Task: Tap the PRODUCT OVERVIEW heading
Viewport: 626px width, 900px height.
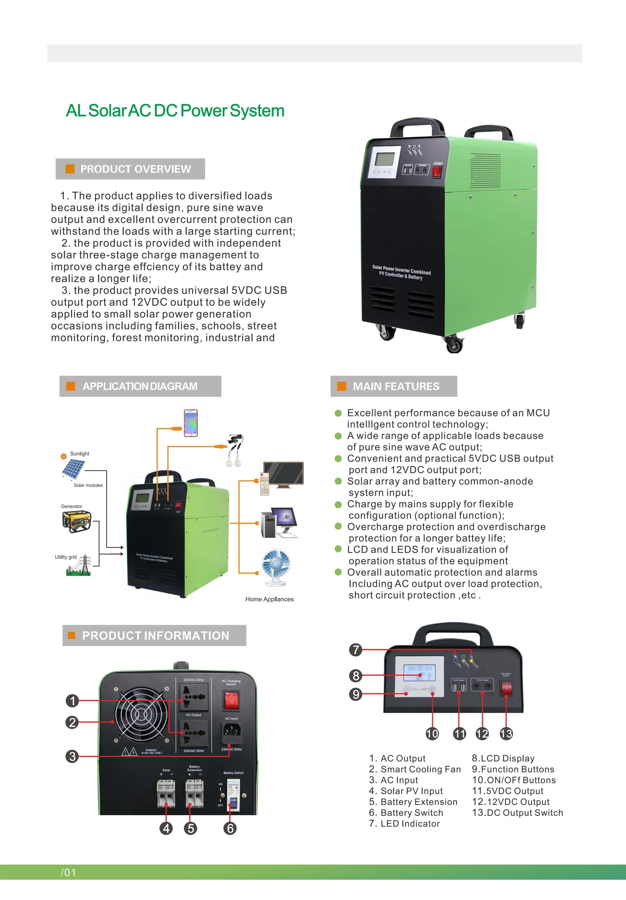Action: pyautogui.click(x=135, y=169)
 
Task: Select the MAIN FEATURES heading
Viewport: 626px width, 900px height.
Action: pyautogui.click(x=396, y=387)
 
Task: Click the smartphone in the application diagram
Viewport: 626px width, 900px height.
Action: pyautogui.click(x=191, y=423)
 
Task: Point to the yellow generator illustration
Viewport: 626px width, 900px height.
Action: pyautogui.click(x=77, y=521)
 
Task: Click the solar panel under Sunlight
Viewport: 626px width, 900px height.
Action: pyautogui.click(x=73, y=469)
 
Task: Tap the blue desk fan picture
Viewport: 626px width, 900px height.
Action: pyautogui.click(x=276, y=567)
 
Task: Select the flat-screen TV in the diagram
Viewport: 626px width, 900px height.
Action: pyautogui.click(x=283, y=474)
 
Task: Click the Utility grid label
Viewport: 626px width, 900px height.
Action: pyautogui.click(x=66, y=557)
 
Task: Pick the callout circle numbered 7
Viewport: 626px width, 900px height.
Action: pyautogui.click(x=356, y=650)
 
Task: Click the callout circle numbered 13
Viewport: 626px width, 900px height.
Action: pyautogui.click(x=506, y=734)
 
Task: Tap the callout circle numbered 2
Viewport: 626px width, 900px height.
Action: pyautogui.click(x=72, y=722)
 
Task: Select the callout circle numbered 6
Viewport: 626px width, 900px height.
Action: pyautogui.click(x=230, y=829)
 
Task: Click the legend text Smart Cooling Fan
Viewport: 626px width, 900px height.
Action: pyautogui.click(x=420, y=769)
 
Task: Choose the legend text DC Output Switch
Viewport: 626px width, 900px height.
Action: pyautogui.click(x=517, y=813)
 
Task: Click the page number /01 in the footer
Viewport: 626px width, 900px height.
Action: pyautogui.click(x=68, y=873)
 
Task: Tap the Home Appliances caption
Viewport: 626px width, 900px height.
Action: pyautogui.click(x=269, y=599)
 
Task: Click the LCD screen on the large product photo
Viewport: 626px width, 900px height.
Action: pyautogui.click(x=385, y=159)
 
